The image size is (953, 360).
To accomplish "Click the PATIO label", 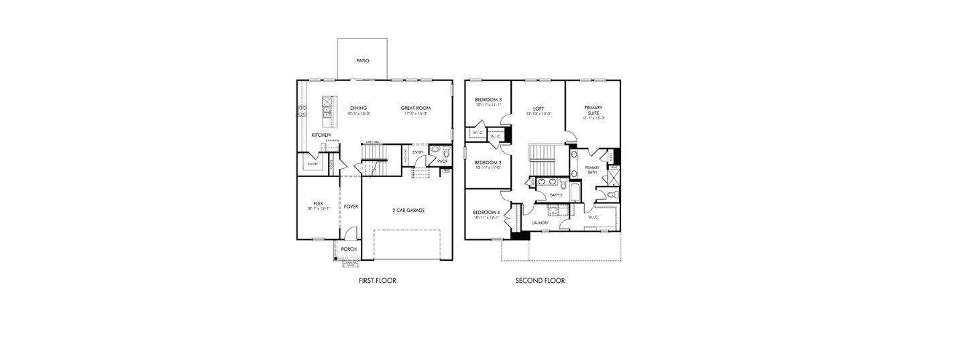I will coord(363,60).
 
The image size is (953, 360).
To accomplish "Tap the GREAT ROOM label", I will coord(416,108).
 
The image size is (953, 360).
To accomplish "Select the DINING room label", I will coord(359,108).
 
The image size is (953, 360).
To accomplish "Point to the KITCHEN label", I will coord(321,135).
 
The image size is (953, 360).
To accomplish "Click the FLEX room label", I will coord(318,204).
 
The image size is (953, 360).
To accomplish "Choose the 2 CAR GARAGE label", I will coord(408,211).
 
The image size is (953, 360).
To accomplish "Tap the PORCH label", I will coord(349,249).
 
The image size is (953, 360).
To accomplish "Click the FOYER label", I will coord(351,206).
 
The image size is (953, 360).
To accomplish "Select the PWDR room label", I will coord(442,162).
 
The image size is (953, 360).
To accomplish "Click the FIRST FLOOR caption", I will coord(378,281).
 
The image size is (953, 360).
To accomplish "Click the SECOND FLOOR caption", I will coord(540,281).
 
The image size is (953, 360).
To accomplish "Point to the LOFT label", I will coord(539,109).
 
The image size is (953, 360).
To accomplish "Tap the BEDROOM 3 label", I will coord(488,100).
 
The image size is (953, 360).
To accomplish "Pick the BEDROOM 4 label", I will coord(486,213).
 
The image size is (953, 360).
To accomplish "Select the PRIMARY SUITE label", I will coord(593,111).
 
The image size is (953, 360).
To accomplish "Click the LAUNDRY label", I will coord(541,223).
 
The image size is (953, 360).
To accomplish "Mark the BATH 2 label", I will coord(556,195).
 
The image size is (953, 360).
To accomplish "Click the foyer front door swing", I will coord(351,234).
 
